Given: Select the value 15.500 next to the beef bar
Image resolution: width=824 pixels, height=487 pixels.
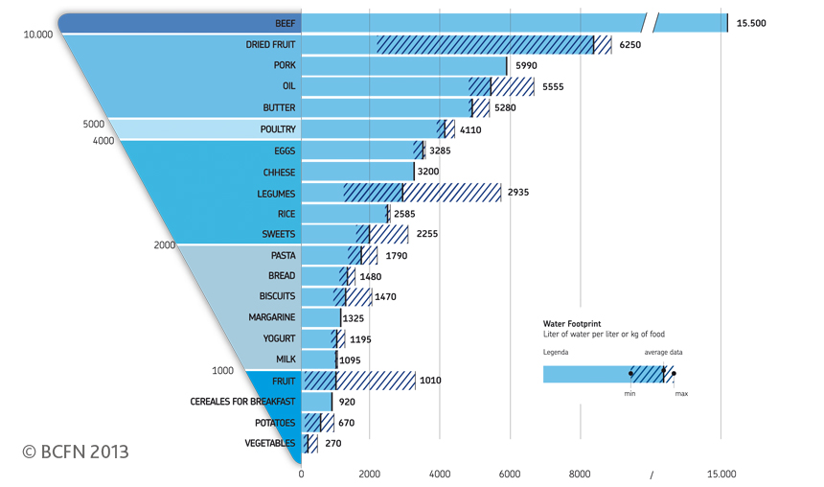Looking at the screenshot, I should pyautogui.click(x=751, y=23).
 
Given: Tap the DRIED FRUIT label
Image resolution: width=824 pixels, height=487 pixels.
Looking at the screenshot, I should pyautogui.click(x=270, y=44).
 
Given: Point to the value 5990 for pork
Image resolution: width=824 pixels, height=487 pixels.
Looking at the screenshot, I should pyautogui.click(x=526, y=66).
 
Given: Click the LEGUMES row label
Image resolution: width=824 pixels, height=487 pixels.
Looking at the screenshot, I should pyautogui.click(x=275, y=194).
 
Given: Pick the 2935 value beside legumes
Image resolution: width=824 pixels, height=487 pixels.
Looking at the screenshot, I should pyautogui.click(x=518, y=193).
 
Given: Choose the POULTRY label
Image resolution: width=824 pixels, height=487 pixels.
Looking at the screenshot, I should pyautogui.click(x=278, y=129).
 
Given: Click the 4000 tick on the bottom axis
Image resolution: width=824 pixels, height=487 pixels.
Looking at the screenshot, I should pyautogui.click(x=440, y=474).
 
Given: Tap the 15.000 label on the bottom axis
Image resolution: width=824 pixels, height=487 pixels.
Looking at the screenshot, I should pyautogui.click(x=721, y=474).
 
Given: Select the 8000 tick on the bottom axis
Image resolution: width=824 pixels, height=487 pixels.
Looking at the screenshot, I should pyautogui.click(x=580, y=474).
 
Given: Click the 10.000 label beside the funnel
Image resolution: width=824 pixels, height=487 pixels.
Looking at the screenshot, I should pyautogui.click(x=38, y=35).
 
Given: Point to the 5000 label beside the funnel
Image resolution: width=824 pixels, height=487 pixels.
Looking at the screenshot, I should pyautogui.click(x=93, y=124).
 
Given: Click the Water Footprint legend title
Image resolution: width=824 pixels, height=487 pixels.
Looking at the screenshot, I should pyautogui.click(x=573, y=324).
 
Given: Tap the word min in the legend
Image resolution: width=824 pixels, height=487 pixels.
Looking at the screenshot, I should pyautogui.click(x=629, y=394).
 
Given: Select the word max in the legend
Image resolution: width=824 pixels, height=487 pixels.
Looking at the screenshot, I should pyautogui.click(x=680, y=394).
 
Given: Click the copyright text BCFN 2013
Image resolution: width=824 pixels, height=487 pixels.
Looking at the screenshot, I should pyautogui.click(x=76, y=452).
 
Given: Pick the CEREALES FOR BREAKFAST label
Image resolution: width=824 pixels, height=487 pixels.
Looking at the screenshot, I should pyautogui.click(x=243, y=402).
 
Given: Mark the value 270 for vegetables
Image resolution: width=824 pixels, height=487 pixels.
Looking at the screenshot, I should pyautogui.click(x=332, y=444).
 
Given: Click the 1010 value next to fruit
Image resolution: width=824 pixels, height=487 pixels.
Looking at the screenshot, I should pyautogui.click(x=430, y=381).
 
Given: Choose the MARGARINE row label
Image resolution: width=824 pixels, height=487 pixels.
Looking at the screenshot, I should pyautogui.click(x=272, y=317).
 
